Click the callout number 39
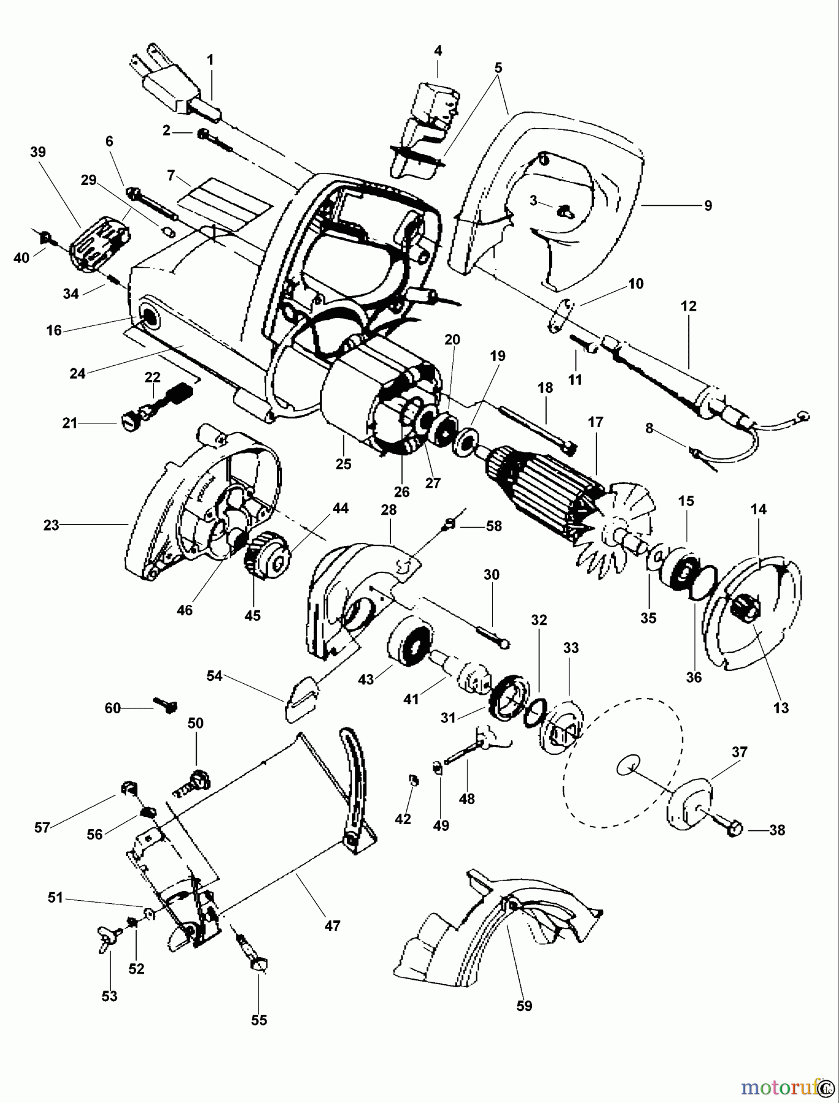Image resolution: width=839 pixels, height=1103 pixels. click(38, 151)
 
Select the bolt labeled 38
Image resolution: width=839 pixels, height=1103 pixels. click(724, 822)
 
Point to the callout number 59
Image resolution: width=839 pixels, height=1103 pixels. click(524, 1006)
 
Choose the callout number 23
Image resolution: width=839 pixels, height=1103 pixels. click(51, 525)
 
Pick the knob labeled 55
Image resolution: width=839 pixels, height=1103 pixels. click(256, 964)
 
